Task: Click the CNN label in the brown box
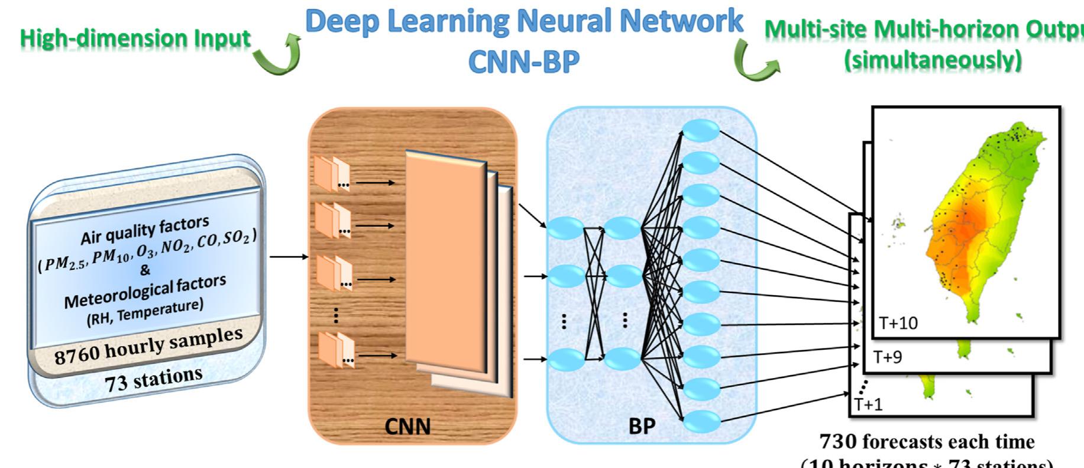click(407, 425)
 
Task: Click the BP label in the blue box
click(642, 425)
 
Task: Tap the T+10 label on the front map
click(898, 324)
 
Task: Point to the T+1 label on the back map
click(868, 404)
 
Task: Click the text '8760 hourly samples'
click(148, 347)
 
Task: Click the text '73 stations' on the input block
click(154, 379)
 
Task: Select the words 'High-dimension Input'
click(135, 38)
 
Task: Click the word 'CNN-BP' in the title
click(523, 62)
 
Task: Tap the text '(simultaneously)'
click(933, 60)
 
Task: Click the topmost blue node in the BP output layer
click(701, 131)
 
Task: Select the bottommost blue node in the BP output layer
click(701, 421)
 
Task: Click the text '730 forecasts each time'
click(927, 441)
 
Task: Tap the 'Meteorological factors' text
click(145, 292)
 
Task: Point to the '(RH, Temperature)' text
click(145, 312)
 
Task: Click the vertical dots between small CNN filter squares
click(336, 315)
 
